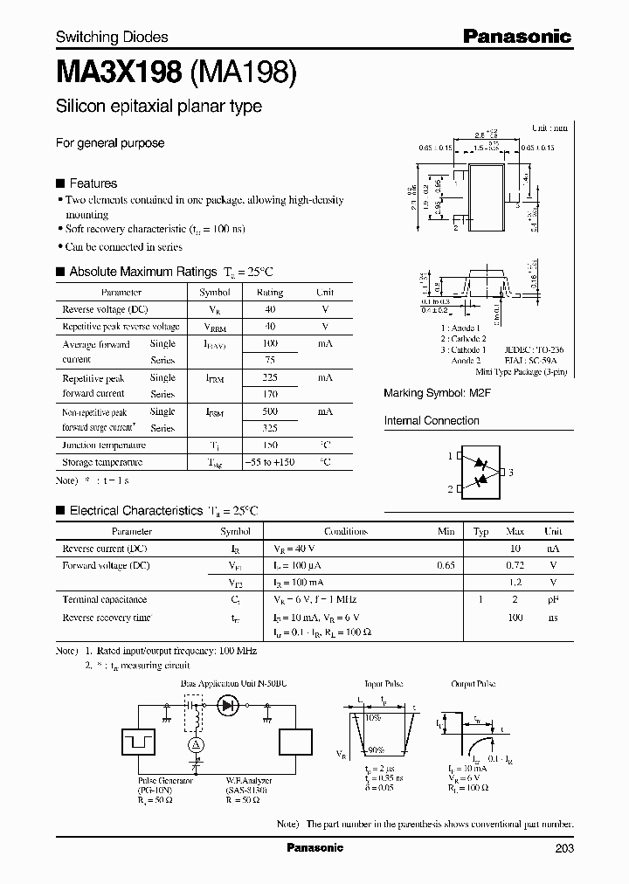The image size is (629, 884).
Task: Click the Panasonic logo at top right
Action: point(516,37)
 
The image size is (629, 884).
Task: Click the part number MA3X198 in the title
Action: point(119,72)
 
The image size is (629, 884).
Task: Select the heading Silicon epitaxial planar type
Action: point(158,107)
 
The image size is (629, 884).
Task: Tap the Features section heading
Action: point(93,183)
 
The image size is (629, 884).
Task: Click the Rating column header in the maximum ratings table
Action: point(269,293)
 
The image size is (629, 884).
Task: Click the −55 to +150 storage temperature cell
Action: point(269,462)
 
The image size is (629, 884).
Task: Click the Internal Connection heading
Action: point(432,421)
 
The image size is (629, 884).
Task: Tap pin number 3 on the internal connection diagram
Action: point(511,473)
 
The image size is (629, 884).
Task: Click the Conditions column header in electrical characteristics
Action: point(346,531)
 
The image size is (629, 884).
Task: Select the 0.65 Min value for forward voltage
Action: point(446,566)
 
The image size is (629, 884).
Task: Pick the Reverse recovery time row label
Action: point(107,618)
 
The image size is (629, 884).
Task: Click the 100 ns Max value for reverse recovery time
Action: point(515,618)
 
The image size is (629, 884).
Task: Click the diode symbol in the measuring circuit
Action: point(230,705)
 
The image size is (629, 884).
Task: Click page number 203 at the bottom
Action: point(563,848)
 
